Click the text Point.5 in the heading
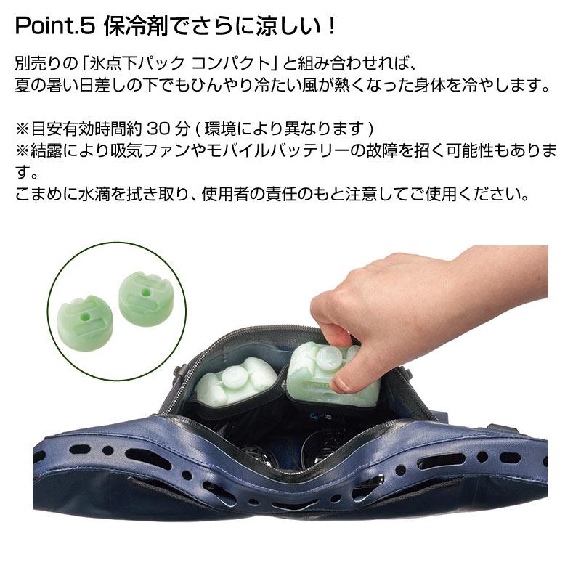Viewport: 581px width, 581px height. pyautogui.click(x=56, y=26)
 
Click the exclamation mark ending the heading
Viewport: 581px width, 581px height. pyautogui.click(x=332, y=26)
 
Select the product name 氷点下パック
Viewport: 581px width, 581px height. pyautogui.click(x=137, y=64)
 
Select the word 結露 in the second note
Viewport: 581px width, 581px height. pyautogui.click(x=46, y=150)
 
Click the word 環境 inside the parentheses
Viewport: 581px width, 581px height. pyautogui.click(x=220, y=129)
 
